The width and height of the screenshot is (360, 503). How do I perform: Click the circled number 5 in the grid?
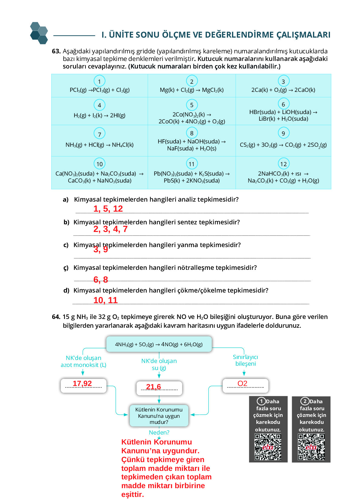192,105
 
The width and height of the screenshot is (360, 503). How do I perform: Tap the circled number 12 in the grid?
283,164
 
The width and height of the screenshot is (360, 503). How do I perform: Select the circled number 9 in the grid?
283,133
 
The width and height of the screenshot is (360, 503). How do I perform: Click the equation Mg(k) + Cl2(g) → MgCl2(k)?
192,90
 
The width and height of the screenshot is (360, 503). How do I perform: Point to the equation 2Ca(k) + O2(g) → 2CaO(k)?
283,90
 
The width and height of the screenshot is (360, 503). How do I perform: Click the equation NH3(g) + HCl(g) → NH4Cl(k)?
99,145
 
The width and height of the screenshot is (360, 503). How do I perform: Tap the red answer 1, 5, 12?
108,209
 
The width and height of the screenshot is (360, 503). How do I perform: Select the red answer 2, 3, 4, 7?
110,229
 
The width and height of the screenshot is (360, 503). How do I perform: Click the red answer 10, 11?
105,300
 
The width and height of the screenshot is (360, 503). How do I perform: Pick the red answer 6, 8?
101,280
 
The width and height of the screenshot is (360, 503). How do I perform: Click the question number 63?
56,51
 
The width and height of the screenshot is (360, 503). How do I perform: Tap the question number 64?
56,317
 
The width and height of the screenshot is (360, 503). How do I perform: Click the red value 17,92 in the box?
82,384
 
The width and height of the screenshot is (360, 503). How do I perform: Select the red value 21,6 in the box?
153,387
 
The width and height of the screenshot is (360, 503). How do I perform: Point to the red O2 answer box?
245,385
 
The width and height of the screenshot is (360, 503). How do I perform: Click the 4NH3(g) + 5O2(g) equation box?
159,344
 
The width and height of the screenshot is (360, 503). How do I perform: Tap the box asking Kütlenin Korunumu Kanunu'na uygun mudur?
159,416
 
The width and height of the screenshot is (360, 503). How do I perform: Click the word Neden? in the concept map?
159,432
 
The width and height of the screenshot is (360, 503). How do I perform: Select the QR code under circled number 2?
311,447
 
